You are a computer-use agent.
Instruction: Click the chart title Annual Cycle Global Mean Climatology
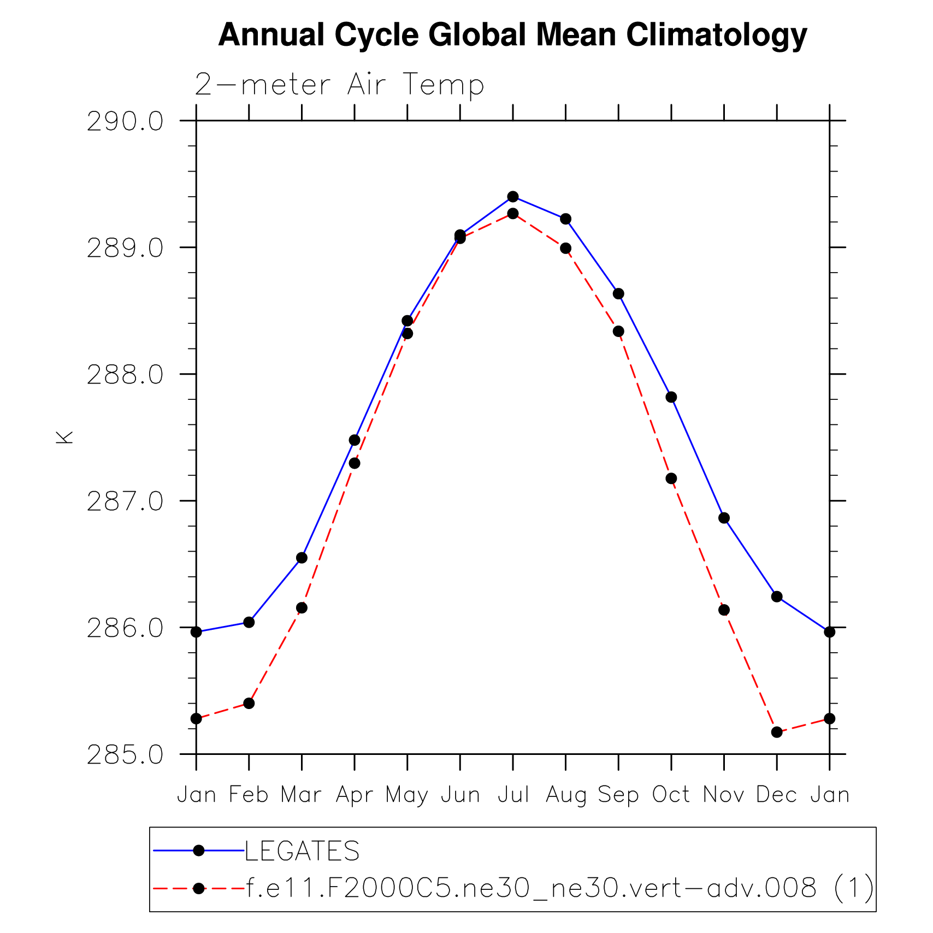click(512, 35)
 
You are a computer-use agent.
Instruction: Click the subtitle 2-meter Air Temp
click(339, 85)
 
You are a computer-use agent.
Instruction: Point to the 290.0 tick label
click(125, 121)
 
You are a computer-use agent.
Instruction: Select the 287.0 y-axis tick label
click(125, 501)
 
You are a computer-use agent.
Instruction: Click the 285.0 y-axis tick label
click(125, 755)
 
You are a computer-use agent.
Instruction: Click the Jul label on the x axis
click(513, 795)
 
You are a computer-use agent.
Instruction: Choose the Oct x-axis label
click(671, 795)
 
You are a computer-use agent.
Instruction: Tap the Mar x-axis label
click(301, 795)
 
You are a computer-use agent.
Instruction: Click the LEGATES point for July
click(513, 197)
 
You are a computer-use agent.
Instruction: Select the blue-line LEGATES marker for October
click(671, 397)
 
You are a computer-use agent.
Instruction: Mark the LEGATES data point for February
click(249, 622)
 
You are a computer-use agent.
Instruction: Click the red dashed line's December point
click(777, 732)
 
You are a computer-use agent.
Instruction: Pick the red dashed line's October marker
click(671, 479)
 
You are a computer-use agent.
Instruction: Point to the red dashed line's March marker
click(302, 608)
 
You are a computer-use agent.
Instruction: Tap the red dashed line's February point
click(249, 703)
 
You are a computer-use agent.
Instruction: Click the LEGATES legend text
click(302, 851)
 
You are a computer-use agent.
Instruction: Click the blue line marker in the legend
click(199, 851)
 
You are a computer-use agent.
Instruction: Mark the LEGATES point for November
click(724, 518)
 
